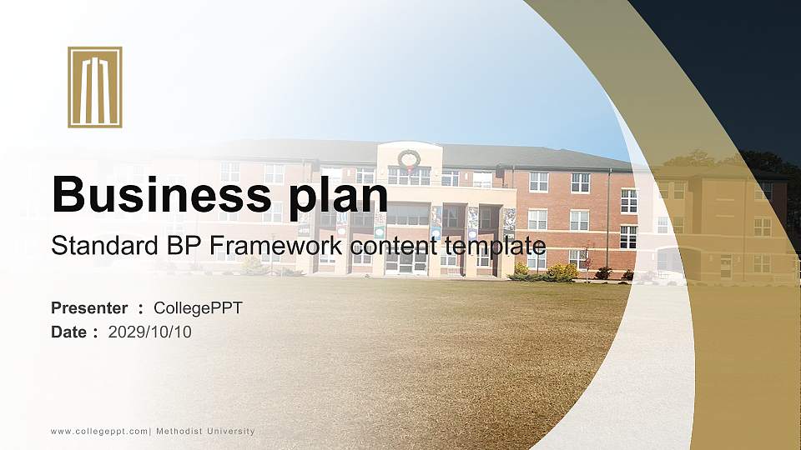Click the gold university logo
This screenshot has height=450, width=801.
[x=95, y=87]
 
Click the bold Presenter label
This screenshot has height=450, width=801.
[x=89, y=308]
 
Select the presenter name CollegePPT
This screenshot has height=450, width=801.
[x=198, y=308]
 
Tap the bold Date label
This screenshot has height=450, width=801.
[x=69, y=332]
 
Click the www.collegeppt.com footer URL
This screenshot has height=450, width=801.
[x=99, y=432]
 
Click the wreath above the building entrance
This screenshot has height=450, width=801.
[x=409, y=158]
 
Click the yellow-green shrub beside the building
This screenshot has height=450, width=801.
[x=562, y=272]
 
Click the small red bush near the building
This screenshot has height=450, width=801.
[x=603, y=272]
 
